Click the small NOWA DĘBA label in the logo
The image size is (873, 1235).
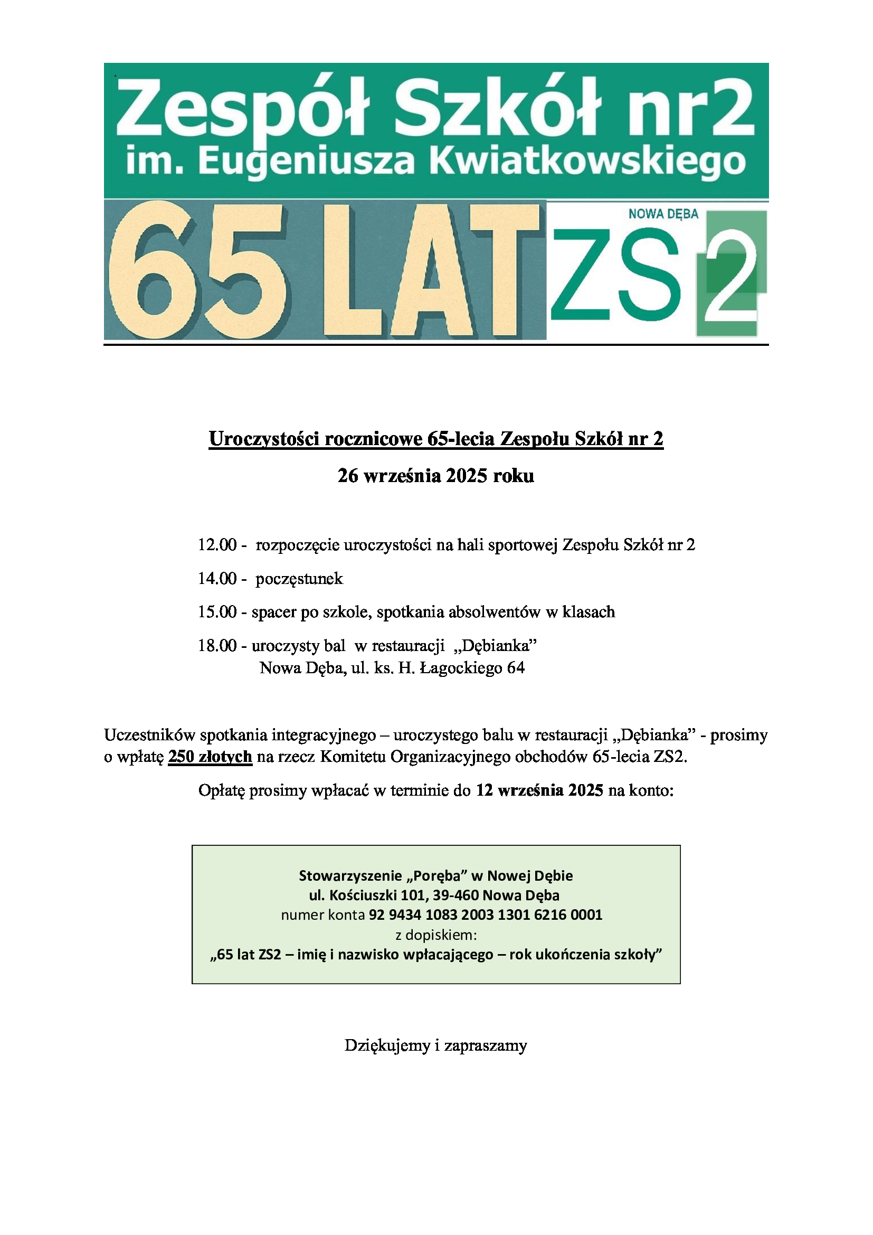(663, 214)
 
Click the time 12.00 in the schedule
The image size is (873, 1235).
(217, 545)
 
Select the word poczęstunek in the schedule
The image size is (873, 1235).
(299, 579)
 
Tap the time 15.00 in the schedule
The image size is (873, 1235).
(217, 612)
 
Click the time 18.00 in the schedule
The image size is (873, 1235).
(217, 645)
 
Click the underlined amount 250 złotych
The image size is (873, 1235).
(210, 757)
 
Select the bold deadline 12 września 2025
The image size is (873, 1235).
(539, 791)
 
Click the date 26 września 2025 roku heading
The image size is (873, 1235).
(436, 476)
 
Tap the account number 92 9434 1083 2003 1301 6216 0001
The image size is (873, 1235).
(486, 915)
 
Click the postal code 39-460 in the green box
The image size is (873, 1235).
(458, 895)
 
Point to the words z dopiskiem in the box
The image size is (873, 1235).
(436, 935)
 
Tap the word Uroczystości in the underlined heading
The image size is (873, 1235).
(264, 439)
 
